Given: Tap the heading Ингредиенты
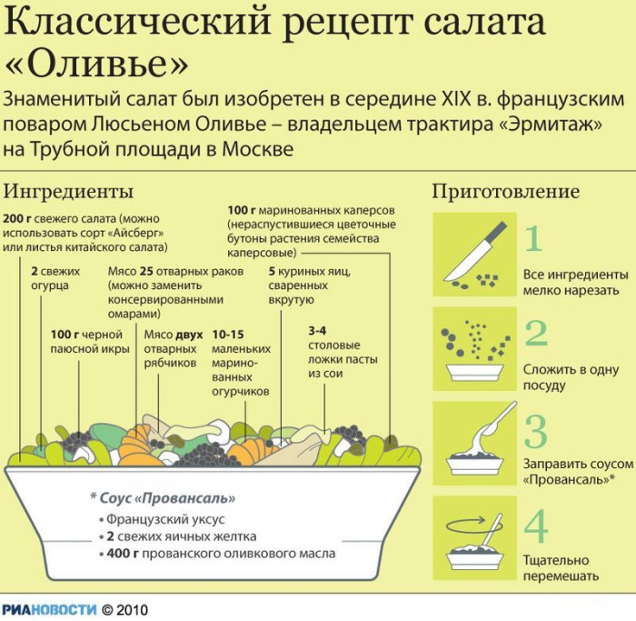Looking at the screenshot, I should pyautogui.click(x=68, y=192).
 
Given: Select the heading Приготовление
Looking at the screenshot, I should pyautogui.click(x=505, y=192).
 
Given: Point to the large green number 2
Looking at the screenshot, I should pyautogui.click(x=536, y=334).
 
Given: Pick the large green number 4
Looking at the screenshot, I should pyautogui.click(x=536, y=526).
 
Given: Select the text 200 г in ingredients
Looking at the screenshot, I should pyautogui.click(x=18, y=219).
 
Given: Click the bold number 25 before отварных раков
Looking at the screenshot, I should pyautogui.click(x=146, y=272).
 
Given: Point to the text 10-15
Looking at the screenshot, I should pyautogui.click(x=227, y=334).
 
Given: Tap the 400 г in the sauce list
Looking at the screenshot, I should pyautogui.click(x=122, y=553).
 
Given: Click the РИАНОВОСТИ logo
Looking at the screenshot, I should pyautogui.click(x=47, y=609).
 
